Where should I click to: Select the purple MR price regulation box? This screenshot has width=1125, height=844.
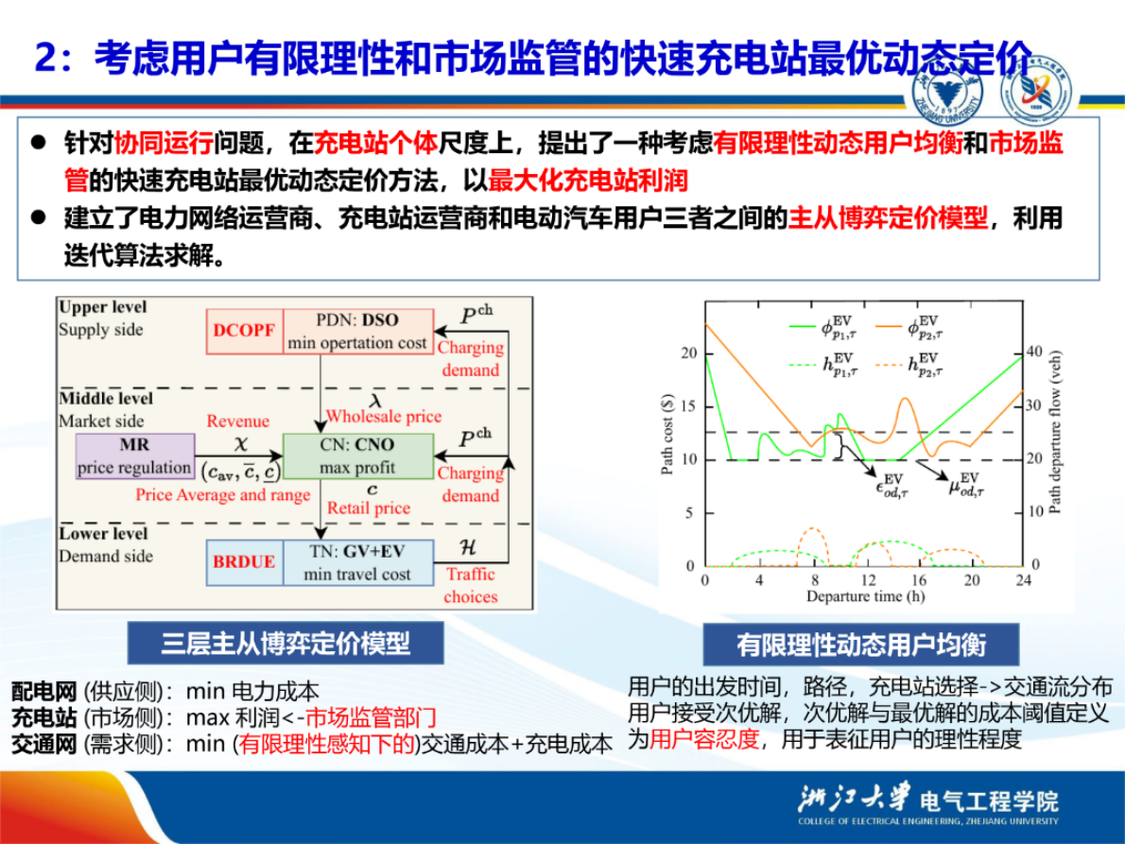(x=135, y=456)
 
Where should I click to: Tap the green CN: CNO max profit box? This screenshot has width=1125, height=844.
(x=357, y=456)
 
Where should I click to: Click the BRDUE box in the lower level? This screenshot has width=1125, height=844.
(x=244, y=561)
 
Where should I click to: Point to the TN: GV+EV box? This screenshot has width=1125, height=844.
(x=357, y=561)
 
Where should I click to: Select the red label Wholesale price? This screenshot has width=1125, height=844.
(x=383, y=416)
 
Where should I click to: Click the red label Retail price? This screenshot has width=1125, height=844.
(x=369, y=508)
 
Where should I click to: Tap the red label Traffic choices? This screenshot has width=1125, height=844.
(x=470, y=585)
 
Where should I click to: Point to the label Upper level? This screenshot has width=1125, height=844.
(x=103, y=308)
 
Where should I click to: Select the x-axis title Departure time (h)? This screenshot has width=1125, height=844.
(x=864, y=596)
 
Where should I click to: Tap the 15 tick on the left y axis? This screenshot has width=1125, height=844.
(x=687, y=405)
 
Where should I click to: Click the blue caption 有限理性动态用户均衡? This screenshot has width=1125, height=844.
(x=860, y=645)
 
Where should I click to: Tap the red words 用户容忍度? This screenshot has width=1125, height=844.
(x=705, y=739)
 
